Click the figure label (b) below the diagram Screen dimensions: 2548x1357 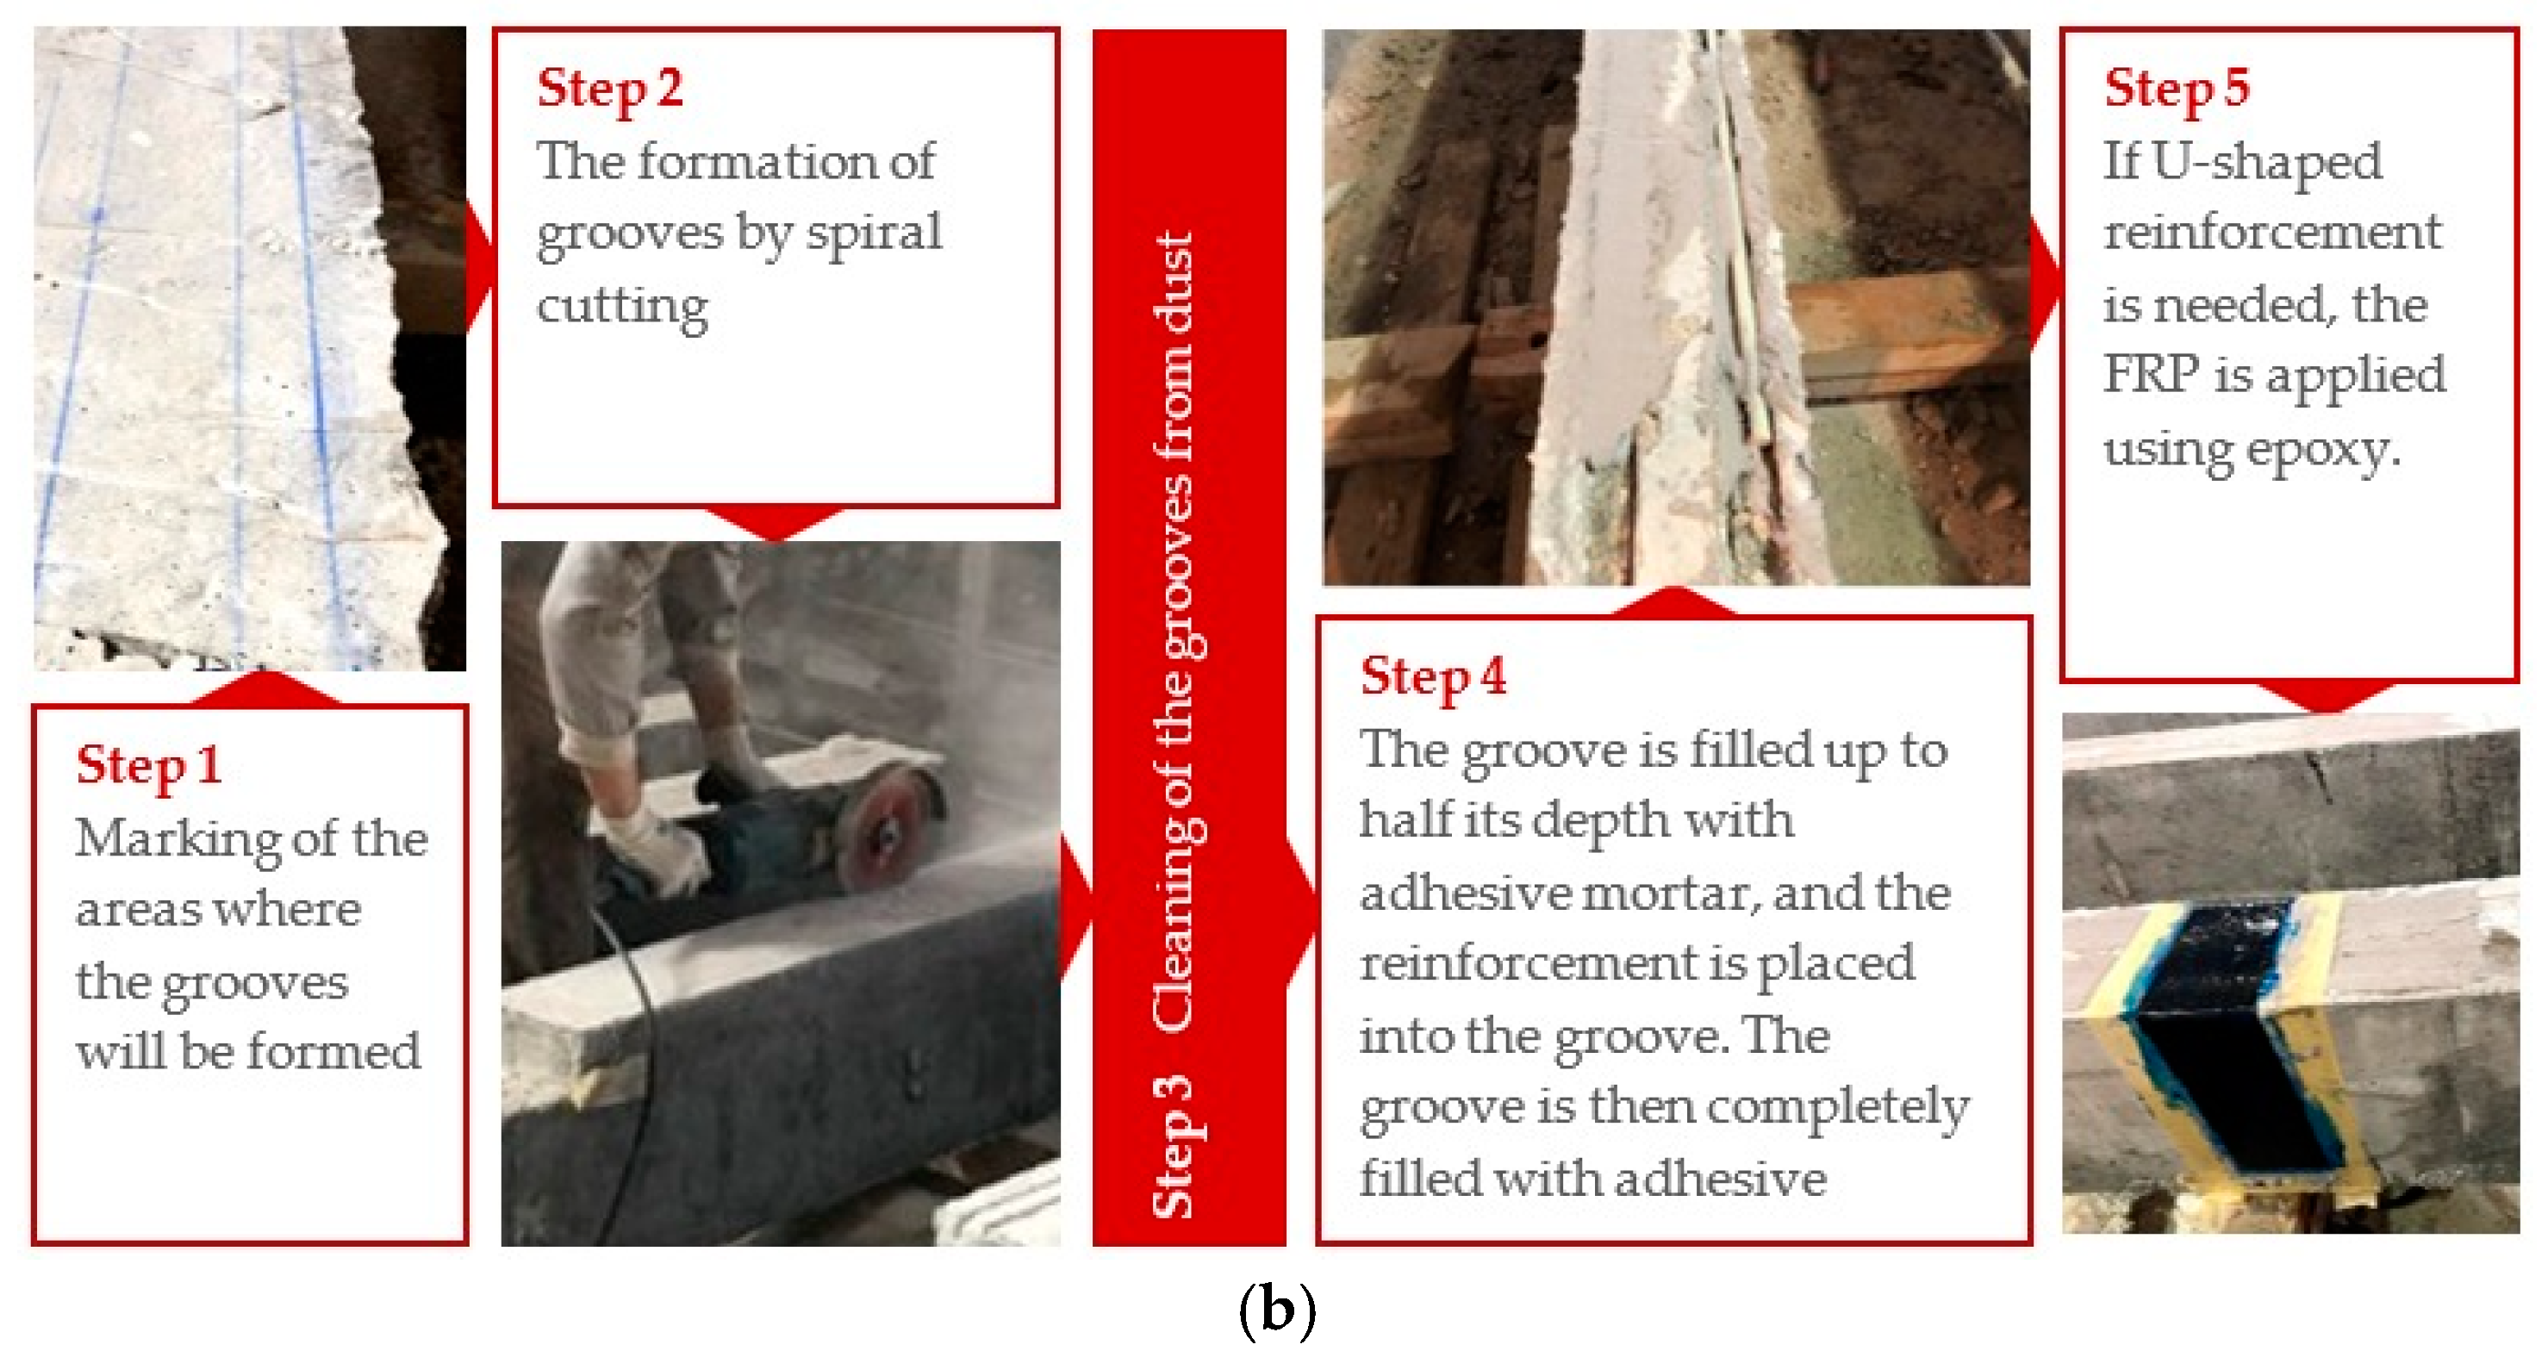click(1276, 1311)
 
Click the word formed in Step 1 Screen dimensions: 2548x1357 click(333, 1051)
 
